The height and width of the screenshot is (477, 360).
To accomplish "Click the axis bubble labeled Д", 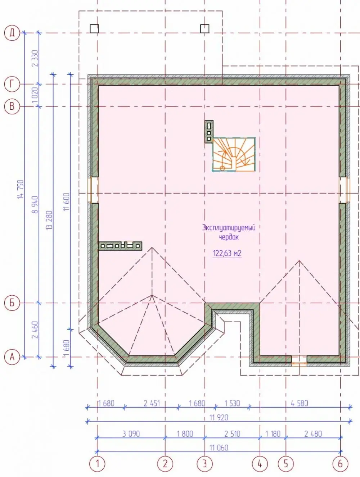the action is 12,33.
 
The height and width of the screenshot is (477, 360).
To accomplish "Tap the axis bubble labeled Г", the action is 12,84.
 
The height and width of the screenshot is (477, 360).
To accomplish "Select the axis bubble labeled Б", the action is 12,303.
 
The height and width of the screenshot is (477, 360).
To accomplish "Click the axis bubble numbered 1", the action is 97,464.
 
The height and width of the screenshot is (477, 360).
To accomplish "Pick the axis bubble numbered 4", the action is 260,464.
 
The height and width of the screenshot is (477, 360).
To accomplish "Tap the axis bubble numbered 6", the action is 341,464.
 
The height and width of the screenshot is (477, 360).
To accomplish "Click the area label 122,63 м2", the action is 227,253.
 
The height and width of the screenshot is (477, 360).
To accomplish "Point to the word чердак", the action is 229,237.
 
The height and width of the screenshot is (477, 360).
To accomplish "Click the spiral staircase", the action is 234,154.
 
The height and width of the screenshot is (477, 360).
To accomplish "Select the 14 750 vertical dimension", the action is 21,189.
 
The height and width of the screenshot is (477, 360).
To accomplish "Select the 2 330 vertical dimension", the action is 35,59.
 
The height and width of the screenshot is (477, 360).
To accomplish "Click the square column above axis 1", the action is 94,28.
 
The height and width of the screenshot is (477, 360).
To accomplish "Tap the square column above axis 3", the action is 205,28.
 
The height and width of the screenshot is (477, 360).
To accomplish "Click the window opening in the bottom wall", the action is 299,361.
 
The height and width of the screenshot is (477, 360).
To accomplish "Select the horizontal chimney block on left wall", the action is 120,246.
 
